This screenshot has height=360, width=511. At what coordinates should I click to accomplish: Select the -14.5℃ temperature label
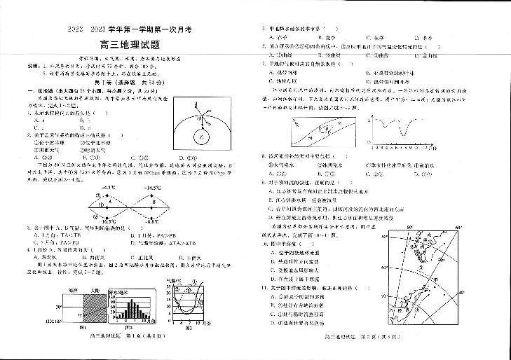pos(152,188)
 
